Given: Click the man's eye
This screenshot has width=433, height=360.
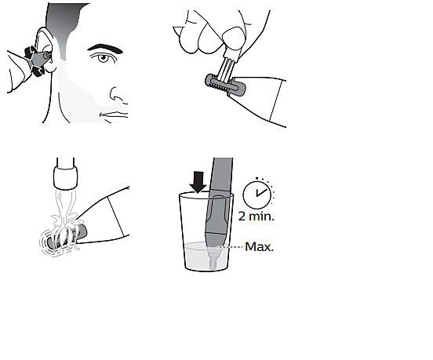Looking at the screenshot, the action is click(x=103, y=58).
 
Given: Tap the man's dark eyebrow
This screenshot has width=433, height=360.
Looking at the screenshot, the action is click(x=105, y=49).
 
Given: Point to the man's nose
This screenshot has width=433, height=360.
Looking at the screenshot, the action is click(x=118, y=95).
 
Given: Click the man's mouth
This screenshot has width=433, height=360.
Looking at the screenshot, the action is click(x=115, y=115).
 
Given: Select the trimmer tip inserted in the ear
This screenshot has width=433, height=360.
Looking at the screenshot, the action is click(x=46, y=56).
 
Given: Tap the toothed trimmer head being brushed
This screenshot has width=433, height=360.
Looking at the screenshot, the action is click(x=225, y=85).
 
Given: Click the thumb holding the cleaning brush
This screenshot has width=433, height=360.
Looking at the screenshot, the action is click(x=234, y=38).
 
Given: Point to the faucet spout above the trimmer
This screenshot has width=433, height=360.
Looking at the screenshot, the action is click(x=65, y=173).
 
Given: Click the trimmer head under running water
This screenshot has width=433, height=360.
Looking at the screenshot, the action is click(x=66, y=237).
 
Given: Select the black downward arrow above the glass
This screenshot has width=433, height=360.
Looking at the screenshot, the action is click(x=198, y=182).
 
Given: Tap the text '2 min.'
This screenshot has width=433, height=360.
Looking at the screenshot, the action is click(x=257, y=216).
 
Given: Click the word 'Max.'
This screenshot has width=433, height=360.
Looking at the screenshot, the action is click(x=259, y=247).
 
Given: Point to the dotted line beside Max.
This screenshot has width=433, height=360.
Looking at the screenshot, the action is click(x=229, y=247).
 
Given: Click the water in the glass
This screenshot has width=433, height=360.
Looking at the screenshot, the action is click(x=197, y=256).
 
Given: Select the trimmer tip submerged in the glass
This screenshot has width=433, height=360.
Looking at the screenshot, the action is click(x=213, y=256).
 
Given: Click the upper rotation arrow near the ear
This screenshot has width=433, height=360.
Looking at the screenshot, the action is click(x=30, y=53).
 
